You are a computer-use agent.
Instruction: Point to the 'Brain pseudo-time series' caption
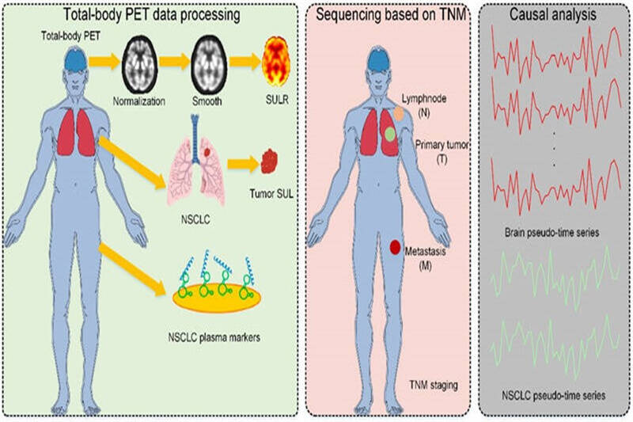click(x=556, y=234)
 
